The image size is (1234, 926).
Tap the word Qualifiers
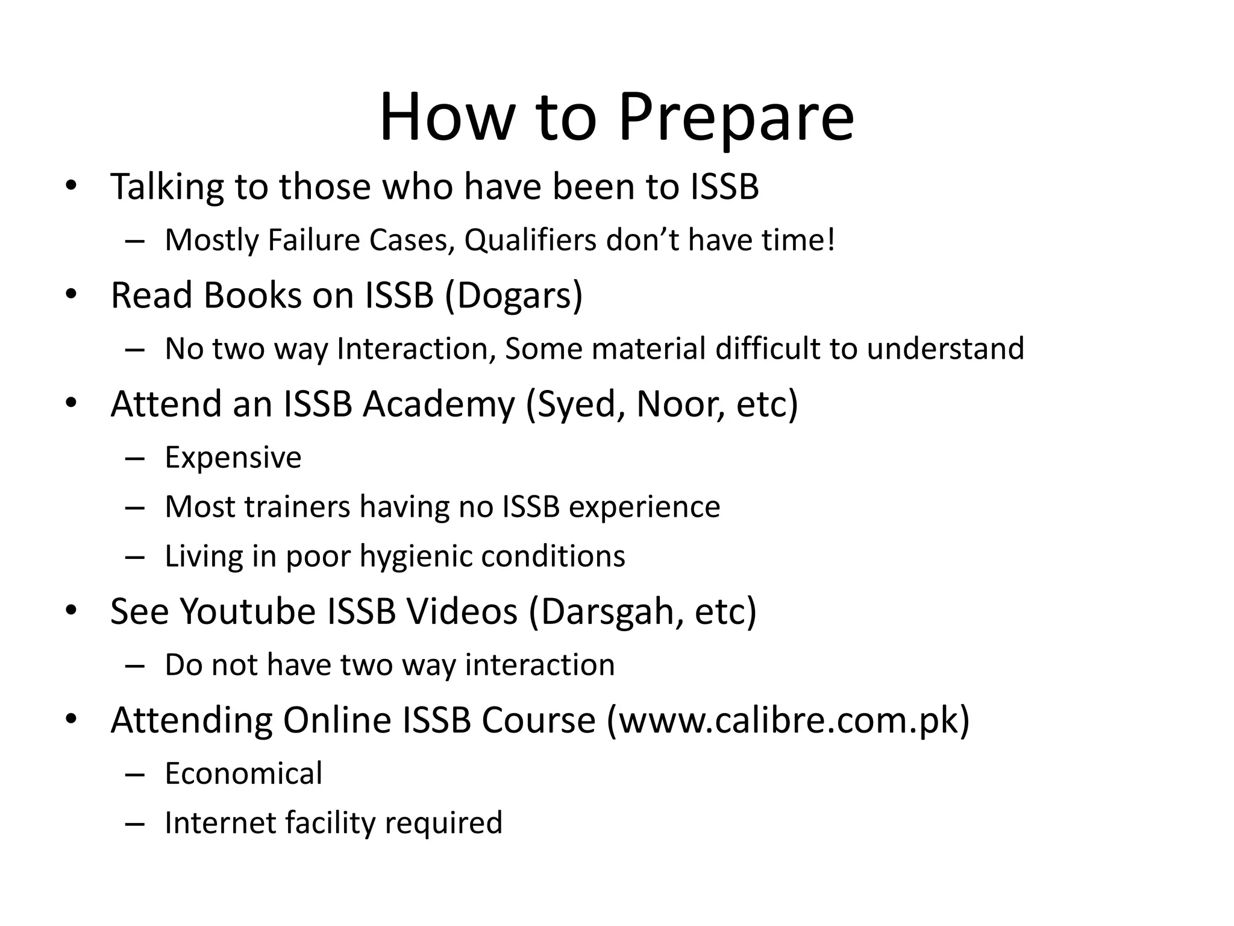tap(530, 241)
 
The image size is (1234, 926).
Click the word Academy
tap(438, 405)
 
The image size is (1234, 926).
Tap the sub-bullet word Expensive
tap(233, 458)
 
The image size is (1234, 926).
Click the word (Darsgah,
tap(606, 612)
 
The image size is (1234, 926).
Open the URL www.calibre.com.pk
tap(788, 720)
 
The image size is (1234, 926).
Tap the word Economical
tap(243, 774)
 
